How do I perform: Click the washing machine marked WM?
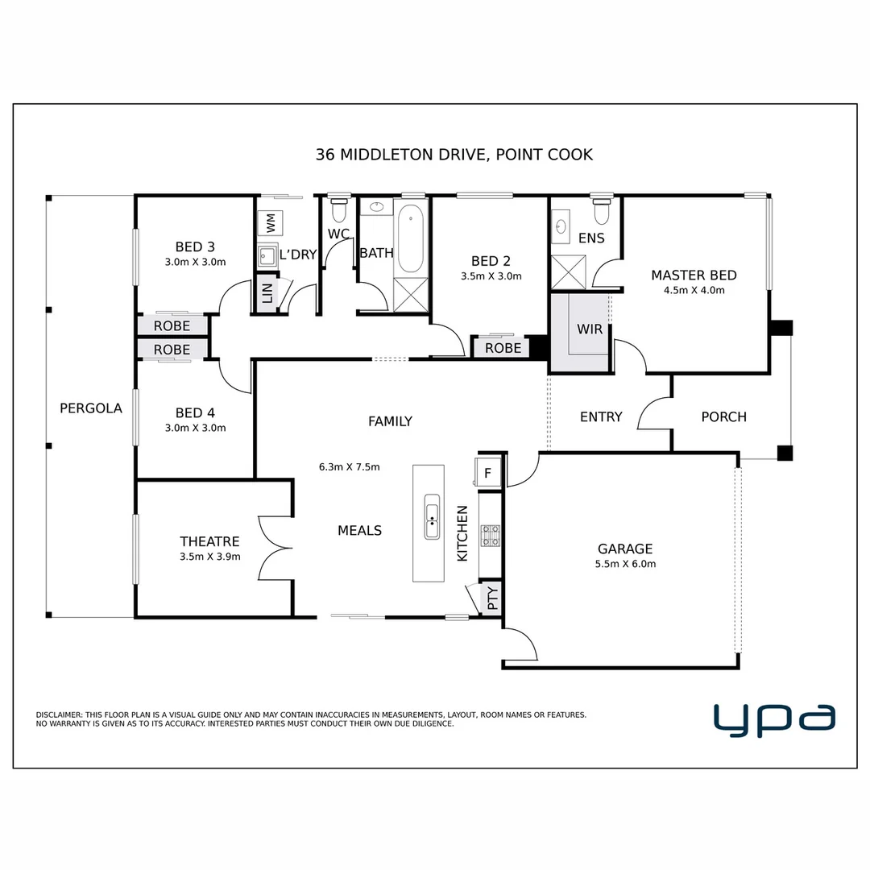[270, 223]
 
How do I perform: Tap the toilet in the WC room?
[338, 209]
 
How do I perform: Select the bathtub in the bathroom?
[411, 238]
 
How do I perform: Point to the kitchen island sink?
[432, 516]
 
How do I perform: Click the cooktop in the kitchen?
[491, 536]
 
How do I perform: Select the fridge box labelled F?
[487, 473]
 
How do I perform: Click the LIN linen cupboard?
[267, 293]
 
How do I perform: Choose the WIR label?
[589, 329]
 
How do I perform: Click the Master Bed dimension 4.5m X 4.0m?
[694, 290]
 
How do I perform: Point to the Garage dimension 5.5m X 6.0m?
[625, 564]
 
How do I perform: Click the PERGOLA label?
[91, 408]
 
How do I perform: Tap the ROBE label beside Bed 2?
[503, 348]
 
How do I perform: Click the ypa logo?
[774, 719]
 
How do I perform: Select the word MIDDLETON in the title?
[387, 154]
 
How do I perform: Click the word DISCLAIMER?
[59, 715]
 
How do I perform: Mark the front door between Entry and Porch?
[655, 413]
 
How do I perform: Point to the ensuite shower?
[568, 272]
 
